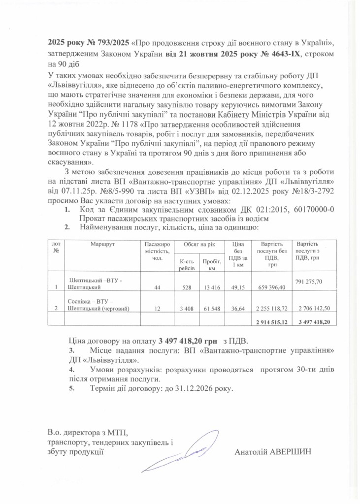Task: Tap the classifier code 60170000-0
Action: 313,211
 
